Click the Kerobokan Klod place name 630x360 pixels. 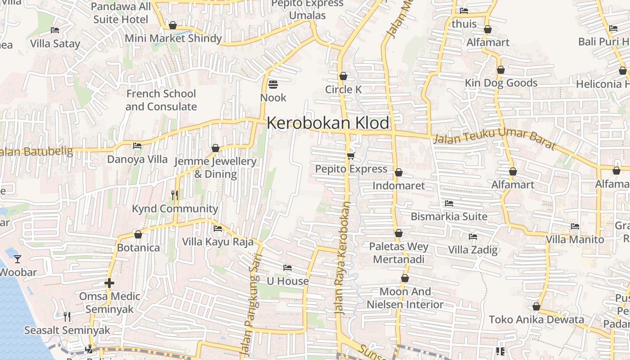[328, 123]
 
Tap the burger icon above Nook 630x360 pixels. [273, 84]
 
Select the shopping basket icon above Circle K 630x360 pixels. [343, 76]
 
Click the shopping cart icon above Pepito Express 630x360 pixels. [351, 156]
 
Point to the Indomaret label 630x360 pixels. [398, 185]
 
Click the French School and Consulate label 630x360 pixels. [161, 100]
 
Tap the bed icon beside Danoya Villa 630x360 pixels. [137, 146]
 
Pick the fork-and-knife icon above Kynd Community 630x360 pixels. [175, 195]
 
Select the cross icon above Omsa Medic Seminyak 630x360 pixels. [109, 283]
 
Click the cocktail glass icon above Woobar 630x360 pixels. [17, 259]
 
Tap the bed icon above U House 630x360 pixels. [288, 268]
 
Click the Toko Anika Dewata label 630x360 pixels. [536, 319]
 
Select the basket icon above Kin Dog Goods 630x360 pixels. [501, 70]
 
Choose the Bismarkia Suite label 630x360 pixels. [449, 216]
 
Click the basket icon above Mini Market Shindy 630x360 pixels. [173, 25]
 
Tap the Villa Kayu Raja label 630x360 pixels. [218, 242]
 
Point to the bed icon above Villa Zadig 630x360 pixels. [472, 236]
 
